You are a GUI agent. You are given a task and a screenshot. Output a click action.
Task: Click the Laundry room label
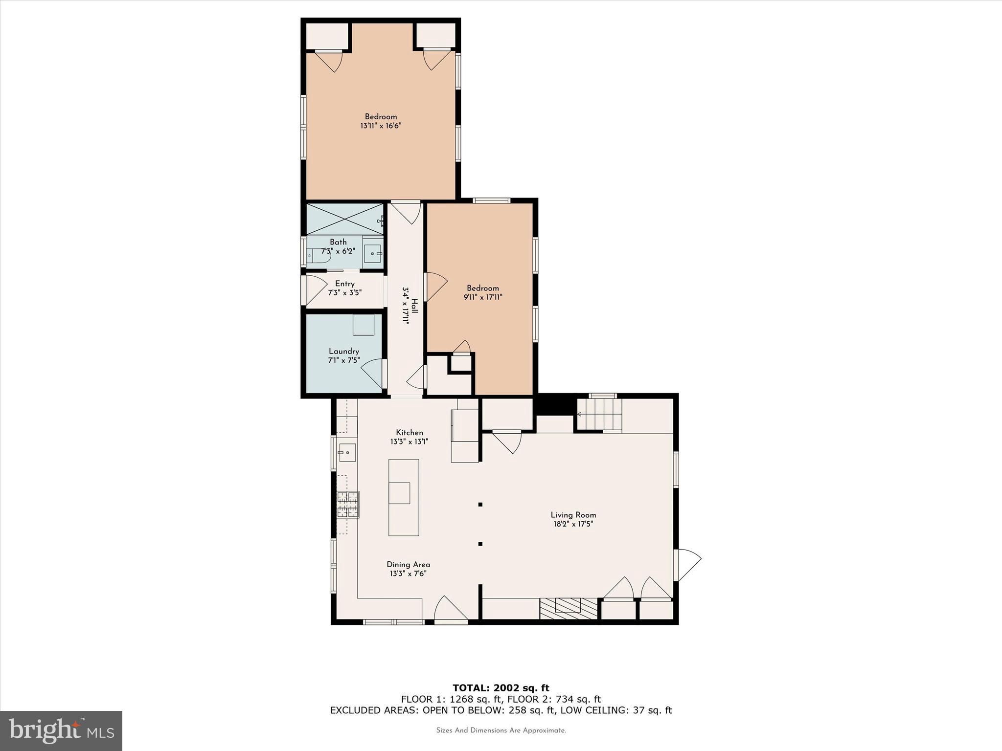tap(344, 351)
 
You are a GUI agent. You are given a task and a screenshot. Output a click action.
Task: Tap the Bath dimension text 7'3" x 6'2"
tap(338, 251)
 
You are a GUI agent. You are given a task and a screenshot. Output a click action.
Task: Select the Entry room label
tap(344, 284)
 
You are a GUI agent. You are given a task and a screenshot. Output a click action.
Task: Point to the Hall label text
tap(414, 306)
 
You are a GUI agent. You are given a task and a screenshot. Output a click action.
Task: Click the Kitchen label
tap(410, 432)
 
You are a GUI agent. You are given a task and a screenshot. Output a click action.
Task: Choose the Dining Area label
tap(408, 564)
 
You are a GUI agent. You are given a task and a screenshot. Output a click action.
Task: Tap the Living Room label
tap(573, 515)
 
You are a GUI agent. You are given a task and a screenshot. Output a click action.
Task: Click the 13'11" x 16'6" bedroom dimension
tap(381, 126)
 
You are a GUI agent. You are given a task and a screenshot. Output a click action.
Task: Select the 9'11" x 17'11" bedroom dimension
tap(483, 297)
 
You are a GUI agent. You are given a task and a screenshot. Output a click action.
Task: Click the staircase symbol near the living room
tap(599, 414)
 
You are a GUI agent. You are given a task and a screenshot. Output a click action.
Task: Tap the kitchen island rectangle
tap(404, 497)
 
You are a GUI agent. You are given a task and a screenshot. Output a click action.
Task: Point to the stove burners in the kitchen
tap(348, 505)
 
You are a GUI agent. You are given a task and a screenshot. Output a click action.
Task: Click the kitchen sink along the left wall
tap(347, 453)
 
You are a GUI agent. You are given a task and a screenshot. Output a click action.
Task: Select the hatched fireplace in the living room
tap(569, 608)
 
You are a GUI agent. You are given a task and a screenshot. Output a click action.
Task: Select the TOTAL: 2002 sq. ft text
tap(501, 688)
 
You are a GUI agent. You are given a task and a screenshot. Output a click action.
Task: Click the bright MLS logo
tap(61, 731)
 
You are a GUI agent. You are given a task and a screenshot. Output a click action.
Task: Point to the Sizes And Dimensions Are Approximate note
tap(501, 730)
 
